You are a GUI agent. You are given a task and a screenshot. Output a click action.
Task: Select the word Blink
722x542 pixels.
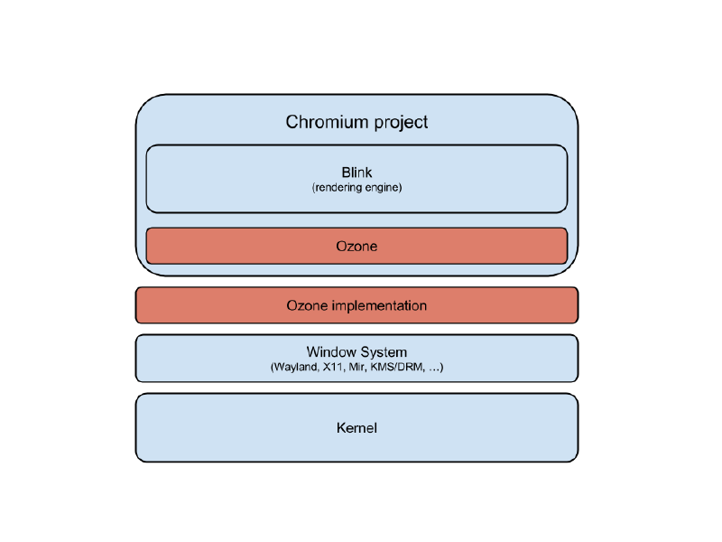[356, 173]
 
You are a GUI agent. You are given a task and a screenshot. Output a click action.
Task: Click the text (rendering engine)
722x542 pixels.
[356, 188]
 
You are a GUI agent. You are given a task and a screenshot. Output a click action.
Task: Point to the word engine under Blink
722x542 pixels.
[383, 188]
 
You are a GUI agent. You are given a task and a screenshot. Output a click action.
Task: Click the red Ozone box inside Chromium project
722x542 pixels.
[356, 246]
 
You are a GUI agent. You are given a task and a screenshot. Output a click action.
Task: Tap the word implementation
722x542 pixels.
[379, 305]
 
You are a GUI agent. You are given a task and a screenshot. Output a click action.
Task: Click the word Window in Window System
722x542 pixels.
[331, 351]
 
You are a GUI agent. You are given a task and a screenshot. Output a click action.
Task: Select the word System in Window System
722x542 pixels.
[384, 351]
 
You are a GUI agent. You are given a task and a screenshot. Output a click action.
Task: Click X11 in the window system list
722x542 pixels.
[334, 368]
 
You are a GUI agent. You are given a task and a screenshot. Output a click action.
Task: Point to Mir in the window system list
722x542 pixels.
[358, 368]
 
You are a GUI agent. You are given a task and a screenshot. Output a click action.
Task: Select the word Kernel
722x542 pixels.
[356, 427]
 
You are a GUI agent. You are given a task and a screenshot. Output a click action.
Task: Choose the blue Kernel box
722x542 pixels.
[226, 427]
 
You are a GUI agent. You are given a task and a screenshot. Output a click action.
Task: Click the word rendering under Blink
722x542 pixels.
[338, 188]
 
